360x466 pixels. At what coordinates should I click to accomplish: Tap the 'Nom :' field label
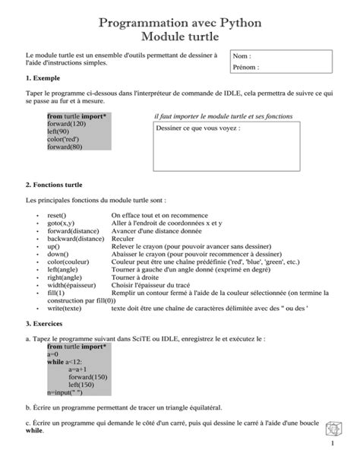tap(242, 57)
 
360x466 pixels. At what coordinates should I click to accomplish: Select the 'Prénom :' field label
tap(247, 68)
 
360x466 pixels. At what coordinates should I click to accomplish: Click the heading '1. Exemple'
tap(44, 78)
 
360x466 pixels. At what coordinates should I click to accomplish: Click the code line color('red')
tap(64, 139)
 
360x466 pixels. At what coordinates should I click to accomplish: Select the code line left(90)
tap(58, 132)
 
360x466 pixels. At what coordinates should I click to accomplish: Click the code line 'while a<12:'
tap(65, 363)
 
